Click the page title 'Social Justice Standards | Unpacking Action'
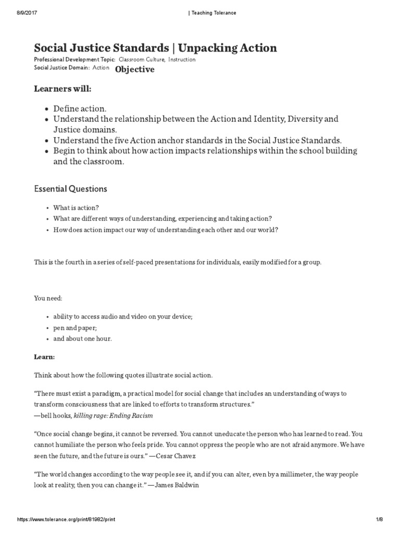pos(155,48)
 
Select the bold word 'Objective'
pos(134,69)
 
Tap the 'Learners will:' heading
pos(63,89)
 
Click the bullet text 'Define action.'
pos(80,108)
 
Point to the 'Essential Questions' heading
pos(70,189)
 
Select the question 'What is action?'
pos(76,207)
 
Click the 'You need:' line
pos(48,299)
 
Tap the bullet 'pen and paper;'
pos(73,327)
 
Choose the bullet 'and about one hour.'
pos(82,338)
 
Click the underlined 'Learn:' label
pos(44,357)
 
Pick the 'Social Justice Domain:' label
pos(61,68)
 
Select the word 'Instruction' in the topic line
pos(182,60)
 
